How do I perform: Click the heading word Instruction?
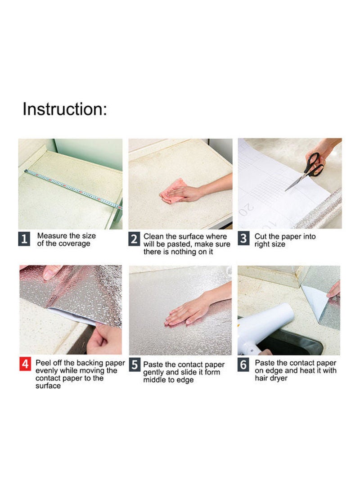click(x=65, y=109)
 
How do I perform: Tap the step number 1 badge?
click(x=24, y=239)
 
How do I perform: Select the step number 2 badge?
click(x=134, y=239)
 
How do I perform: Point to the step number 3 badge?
click(x=243, y=238)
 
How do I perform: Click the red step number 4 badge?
click(x=25, y=364)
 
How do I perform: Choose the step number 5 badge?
click(x=135, y=365)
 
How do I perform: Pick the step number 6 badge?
click(x=243, y=365)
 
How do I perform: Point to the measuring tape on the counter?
click(x=73, y=189)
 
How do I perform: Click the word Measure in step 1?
click(x=52, y=236)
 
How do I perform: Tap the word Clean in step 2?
click(x=153, y=236)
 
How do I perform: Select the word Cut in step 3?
click(x=261, y=236)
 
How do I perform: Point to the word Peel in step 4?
click(x=42, y=363)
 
